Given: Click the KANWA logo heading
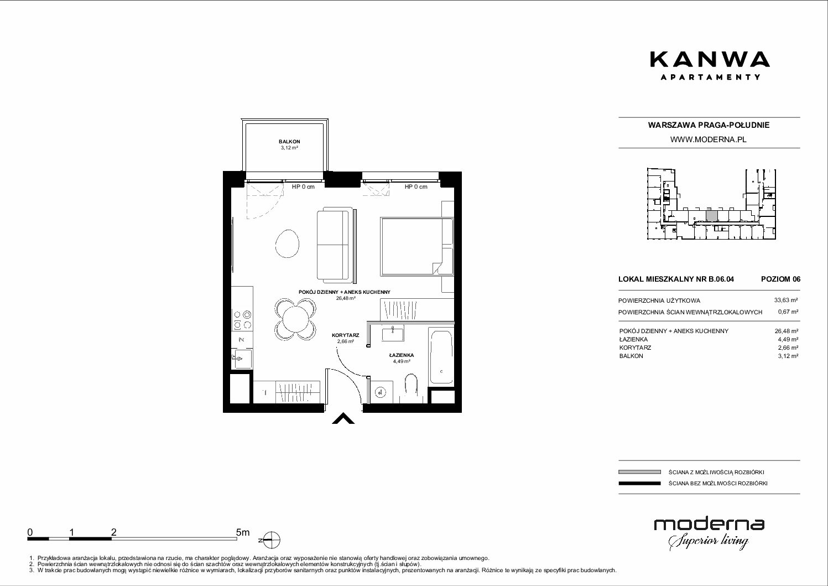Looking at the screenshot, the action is pos(710,60).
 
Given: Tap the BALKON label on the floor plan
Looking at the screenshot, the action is pos(289,142).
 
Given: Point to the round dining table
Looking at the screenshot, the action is pos(295,320).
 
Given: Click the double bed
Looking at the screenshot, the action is pos(417,247).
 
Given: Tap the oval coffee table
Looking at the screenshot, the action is pos(287,243).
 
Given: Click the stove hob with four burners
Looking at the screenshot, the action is pos(242,320).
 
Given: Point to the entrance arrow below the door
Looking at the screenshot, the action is pos(343,418).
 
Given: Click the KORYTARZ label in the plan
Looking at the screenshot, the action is pos(345,335).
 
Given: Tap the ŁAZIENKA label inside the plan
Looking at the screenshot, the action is pos(402,355).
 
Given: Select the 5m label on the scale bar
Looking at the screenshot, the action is pos(243,532).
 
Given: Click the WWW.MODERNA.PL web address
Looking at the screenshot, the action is pos(708,139).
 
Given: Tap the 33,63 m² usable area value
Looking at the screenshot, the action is pos(786,300).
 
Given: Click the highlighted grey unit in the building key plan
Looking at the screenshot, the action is pos(711,216).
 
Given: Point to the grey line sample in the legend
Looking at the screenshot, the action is pos(639,472).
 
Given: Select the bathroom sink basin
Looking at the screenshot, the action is pos(393,334).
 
